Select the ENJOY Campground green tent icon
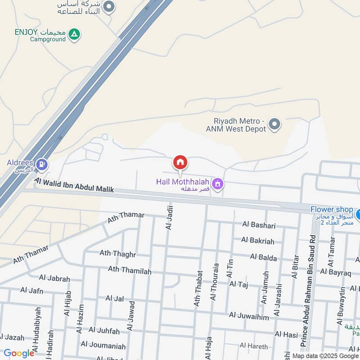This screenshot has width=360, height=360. point(75,33)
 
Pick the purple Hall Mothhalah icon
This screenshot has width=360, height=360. point(218,184)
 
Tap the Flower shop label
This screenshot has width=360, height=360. point(332,209)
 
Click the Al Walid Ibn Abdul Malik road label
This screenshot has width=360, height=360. point(74,185)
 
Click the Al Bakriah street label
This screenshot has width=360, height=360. point(257,241)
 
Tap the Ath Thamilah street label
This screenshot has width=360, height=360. point(130,270)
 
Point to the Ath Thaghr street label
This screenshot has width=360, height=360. point(117,254)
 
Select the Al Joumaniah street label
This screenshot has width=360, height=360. point(103,346)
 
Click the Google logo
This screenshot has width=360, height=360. point(19,353)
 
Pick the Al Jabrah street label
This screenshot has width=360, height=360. point(54,279)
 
